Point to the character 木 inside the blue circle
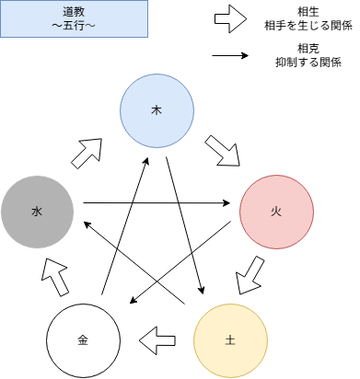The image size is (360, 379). (157, 110)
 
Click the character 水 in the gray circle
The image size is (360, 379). (37, 212)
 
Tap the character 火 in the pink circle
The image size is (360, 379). (276, 212)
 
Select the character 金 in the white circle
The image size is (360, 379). (83, 340)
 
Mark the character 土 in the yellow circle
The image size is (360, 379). (230, 340)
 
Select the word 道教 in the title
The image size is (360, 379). (74, 12)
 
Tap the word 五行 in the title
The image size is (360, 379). (74, 26)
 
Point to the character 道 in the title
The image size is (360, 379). (68, 12)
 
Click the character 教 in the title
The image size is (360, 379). (80, 12)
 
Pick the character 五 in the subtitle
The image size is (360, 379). (68, 26)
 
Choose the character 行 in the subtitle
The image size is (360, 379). (80, 26)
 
